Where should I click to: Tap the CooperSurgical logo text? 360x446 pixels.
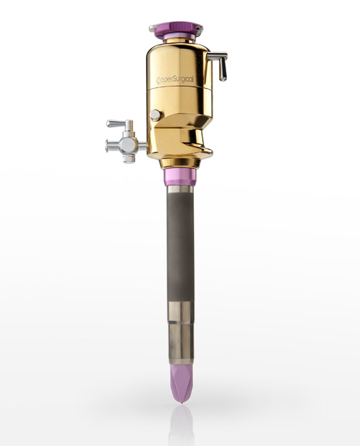pyautogui.click(x=175, y=80)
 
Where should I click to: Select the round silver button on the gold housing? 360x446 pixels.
pyautogui.click(x=155, y=115)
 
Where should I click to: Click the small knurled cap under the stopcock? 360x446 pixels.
pyautogui.click(x=129, y=159)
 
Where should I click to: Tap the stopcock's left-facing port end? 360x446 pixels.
pyautogui.click(x=107, y=145)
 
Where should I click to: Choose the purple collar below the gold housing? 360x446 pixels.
pyautogui.click(x=180, y=176)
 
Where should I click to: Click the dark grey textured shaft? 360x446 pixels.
pyautogui.click(x=180, y=247)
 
